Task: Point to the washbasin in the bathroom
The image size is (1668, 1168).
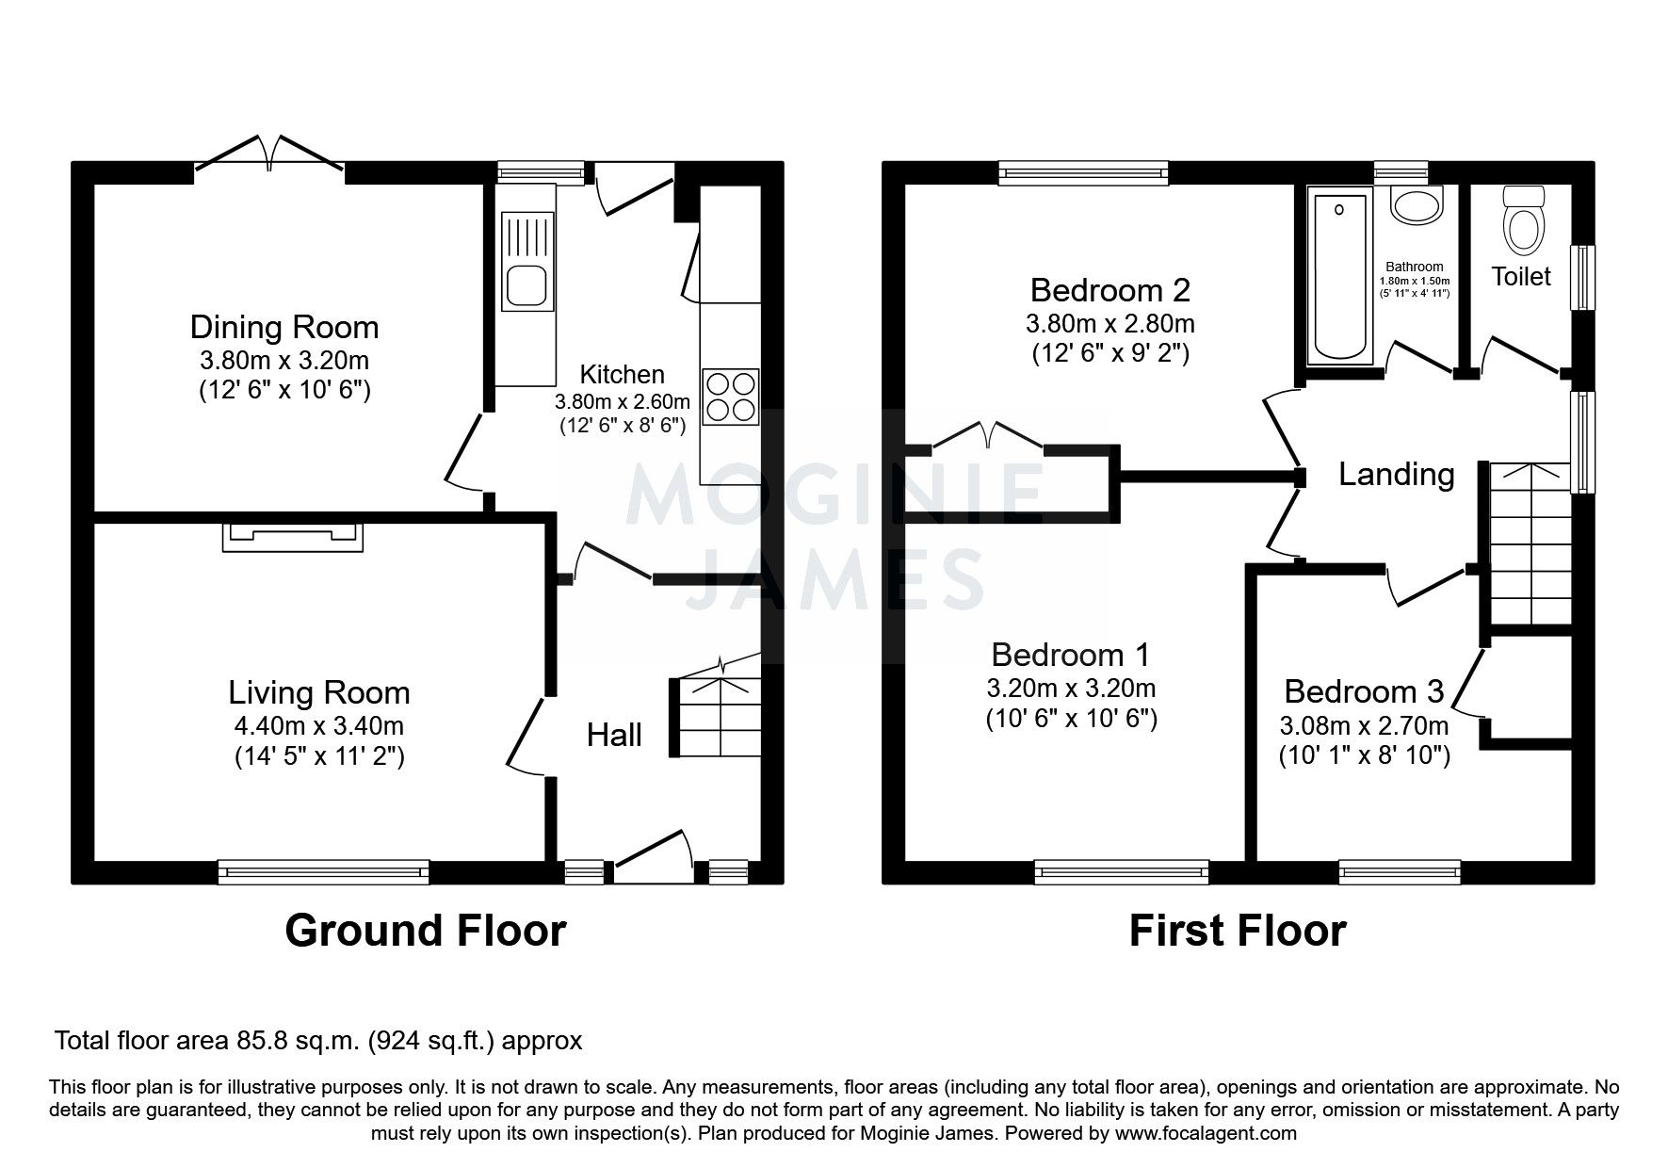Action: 1416,204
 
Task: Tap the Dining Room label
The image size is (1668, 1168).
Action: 284,327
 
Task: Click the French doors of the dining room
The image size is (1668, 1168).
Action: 269,156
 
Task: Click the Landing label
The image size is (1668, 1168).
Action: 1396,474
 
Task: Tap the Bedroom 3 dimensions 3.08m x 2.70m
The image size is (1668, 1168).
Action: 1363,726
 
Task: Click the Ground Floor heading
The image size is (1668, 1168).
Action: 425,931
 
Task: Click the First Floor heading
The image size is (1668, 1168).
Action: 1237,931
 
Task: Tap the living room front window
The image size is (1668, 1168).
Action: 323,872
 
